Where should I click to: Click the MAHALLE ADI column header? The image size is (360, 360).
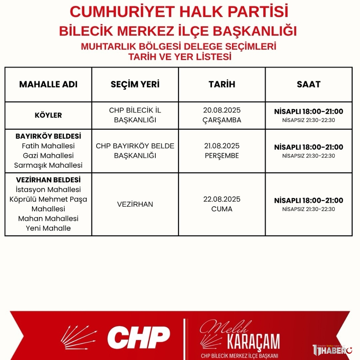coord(48,84)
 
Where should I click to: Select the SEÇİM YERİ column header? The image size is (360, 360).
coord(135,84)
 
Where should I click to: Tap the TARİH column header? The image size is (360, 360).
coord(222,84)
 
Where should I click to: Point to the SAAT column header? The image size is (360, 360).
coord(309,84)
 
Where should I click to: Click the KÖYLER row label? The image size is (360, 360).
coord(48,115)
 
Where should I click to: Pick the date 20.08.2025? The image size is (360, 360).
coord(222,110)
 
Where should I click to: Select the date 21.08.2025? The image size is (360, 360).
coord(222,146)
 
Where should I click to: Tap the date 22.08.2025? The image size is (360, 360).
coord(222,199)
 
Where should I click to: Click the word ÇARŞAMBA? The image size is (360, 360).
coord(222,120)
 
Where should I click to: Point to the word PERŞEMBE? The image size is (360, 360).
coord(222,156)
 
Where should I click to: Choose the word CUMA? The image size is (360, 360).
coord(222,209)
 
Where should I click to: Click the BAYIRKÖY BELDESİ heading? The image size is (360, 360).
coord(48,136)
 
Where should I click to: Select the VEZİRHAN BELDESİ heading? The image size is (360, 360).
coord(48,180)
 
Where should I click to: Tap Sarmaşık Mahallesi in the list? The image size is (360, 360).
coord(48,165)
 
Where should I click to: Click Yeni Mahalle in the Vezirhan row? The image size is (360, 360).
coord(48,229)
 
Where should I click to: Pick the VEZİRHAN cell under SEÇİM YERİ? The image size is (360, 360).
coord(135,204)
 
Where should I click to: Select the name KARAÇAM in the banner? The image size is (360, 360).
coord(253,341)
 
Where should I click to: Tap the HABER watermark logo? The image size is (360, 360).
coord(330,350)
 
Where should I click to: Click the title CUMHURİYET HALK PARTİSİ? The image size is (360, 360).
coord(179,12)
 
